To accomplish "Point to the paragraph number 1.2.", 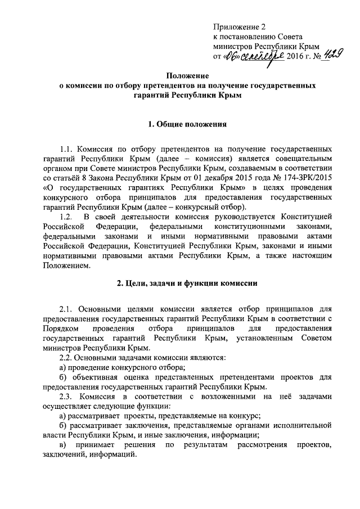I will click(x=66, y=217).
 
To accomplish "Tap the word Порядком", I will click(x=60, y=328).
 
